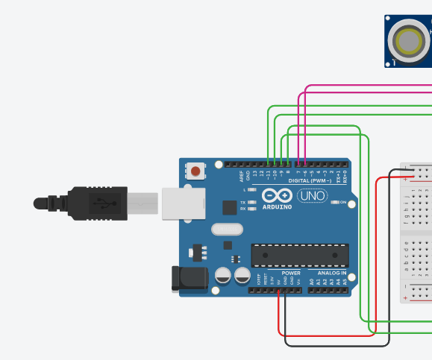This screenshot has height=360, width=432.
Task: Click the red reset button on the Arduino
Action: point(195,171)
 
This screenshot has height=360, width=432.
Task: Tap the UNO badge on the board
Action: point(312,196)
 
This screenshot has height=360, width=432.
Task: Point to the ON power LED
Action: point(335,203)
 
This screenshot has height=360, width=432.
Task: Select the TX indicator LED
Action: point(252,202)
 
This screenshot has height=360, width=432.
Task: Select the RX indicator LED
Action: point(252,209)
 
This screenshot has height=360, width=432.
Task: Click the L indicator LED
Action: point(252,190)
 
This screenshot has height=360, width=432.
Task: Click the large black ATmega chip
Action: point(300,255)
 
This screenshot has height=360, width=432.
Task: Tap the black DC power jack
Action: point(186,278)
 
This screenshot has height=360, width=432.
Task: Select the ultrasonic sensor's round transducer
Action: point(410,42)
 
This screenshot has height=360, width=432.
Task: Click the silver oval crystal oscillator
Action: point(228,230)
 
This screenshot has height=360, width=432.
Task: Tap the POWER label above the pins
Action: point(292,273)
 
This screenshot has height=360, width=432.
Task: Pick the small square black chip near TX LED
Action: point(229,208)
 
